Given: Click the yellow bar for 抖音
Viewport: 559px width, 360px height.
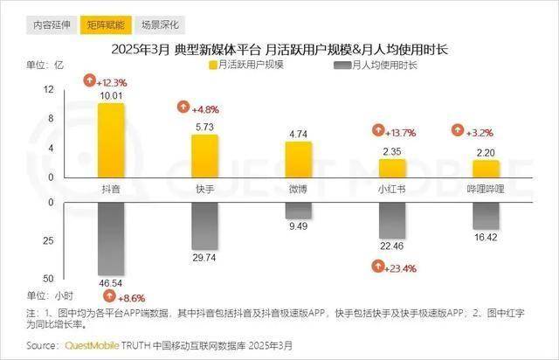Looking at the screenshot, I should tap(111, 140).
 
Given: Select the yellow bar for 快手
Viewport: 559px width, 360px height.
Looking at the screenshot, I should tap(204, 156).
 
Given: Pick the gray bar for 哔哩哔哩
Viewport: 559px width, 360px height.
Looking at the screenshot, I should tap(486, 215).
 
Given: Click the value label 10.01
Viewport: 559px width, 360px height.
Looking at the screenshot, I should tap(111, 95).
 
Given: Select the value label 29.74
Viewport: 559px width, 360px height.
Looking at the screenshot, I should tap(204, 260).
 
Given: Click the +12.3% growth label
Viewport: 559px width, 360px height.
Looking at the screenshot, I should tap(111, 81).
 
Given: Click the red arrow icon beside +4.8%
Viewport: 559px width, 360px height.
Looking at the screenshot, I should tap(183, 108).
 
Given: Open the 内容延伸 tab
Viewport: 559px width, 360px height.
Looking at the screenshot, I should tap(51, 25).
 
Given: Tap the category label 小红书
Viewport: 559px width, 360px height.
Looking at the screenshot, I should tap(392, 187).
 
